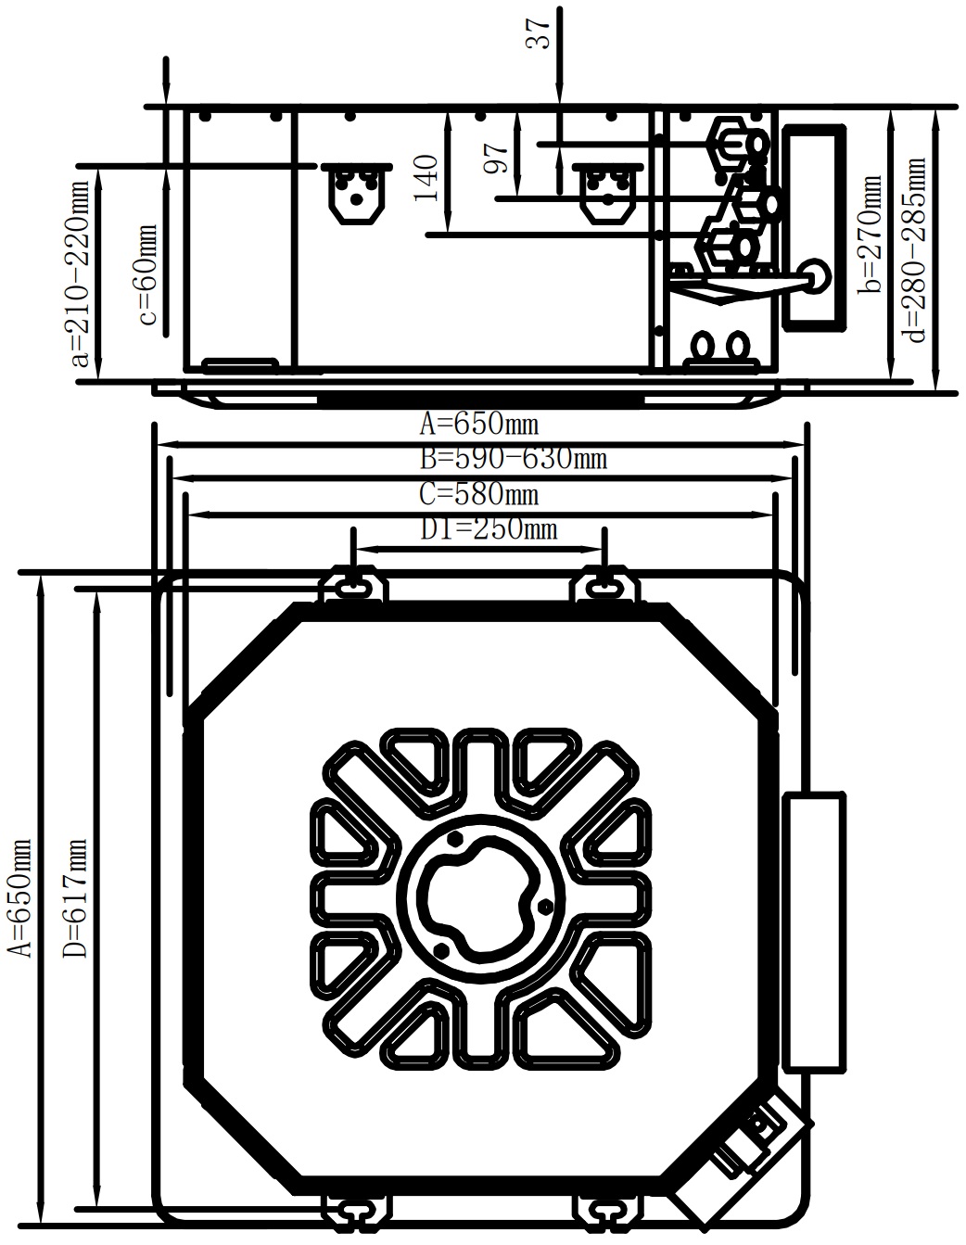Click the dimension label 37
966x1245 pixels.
point(539,33)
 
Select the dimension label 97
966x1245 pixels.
point(497,159)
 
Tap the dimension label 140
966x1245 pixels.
point(426,178)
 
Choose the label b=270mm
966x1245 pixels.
point(870,234)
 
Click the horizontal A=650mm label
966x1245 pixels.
point(479,426)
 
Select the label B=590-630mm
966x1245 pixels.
point(514,459)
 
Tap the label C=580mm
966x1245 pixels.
point(479,494)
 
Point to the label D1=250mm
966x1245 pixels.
point(489,528)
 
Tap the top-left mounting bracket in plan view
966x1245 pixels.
point(353,584)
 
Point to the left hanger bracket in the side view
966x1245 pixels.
point(356,194)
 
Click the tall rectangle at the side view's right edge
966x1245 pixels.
point(814,229)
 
